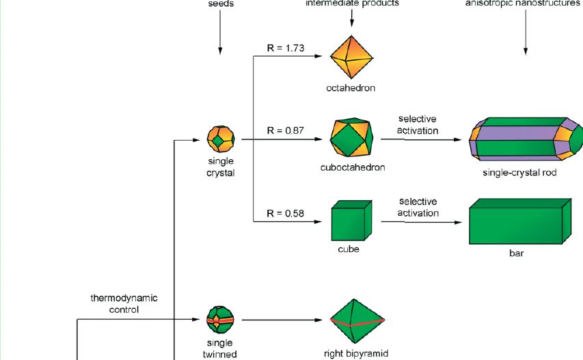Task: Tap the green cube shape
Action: [x=351, y=221]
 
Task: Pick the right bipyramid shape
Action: [x=353, y=322]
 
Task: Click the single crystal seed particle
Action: [x=221, y=139]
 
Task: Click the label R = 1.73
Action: [x=285, y=49]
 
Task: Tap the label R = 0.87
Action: [x=285, y=130]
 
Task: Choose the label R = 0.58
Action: [x=285, y=212]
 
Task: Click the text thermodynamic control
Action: [x=124, y=303]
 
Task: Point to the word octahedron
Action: [x=351, y=88]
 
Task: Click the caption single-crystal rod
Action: [x=519, y=173]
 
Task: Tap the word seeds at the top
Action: [x=220, y=3]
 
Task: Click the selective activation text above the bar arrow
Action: [x=418, y=207]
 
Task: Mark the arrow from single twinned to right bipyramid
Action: [x=280, y=320]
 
